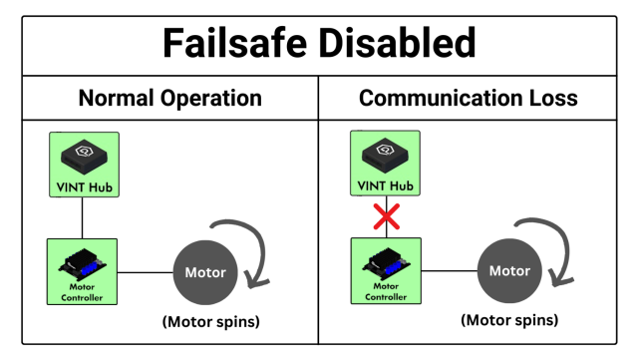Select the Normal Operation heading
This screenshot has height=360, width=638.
tap(169, 99)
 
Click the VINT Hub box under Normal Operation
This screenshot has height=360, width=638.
tap(85, 165)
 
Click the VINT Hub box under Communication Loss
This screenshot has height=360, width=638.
tap(386, 165)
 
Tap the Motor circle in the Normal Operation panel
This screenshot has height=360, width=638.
tap(205, 271)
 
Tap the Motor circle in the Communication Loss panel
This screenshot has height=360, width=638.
tap(508, 270)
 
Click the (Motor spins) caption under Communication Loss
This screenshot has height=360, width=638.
tap(508, 321)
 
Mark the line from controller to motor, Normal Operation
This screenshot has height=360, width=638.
tap(146, 271)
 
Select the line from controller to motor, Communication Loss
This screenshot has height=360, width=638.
tap(449, 270)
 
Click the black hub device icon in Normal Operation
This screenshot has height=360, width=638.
tap(85, 154)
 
